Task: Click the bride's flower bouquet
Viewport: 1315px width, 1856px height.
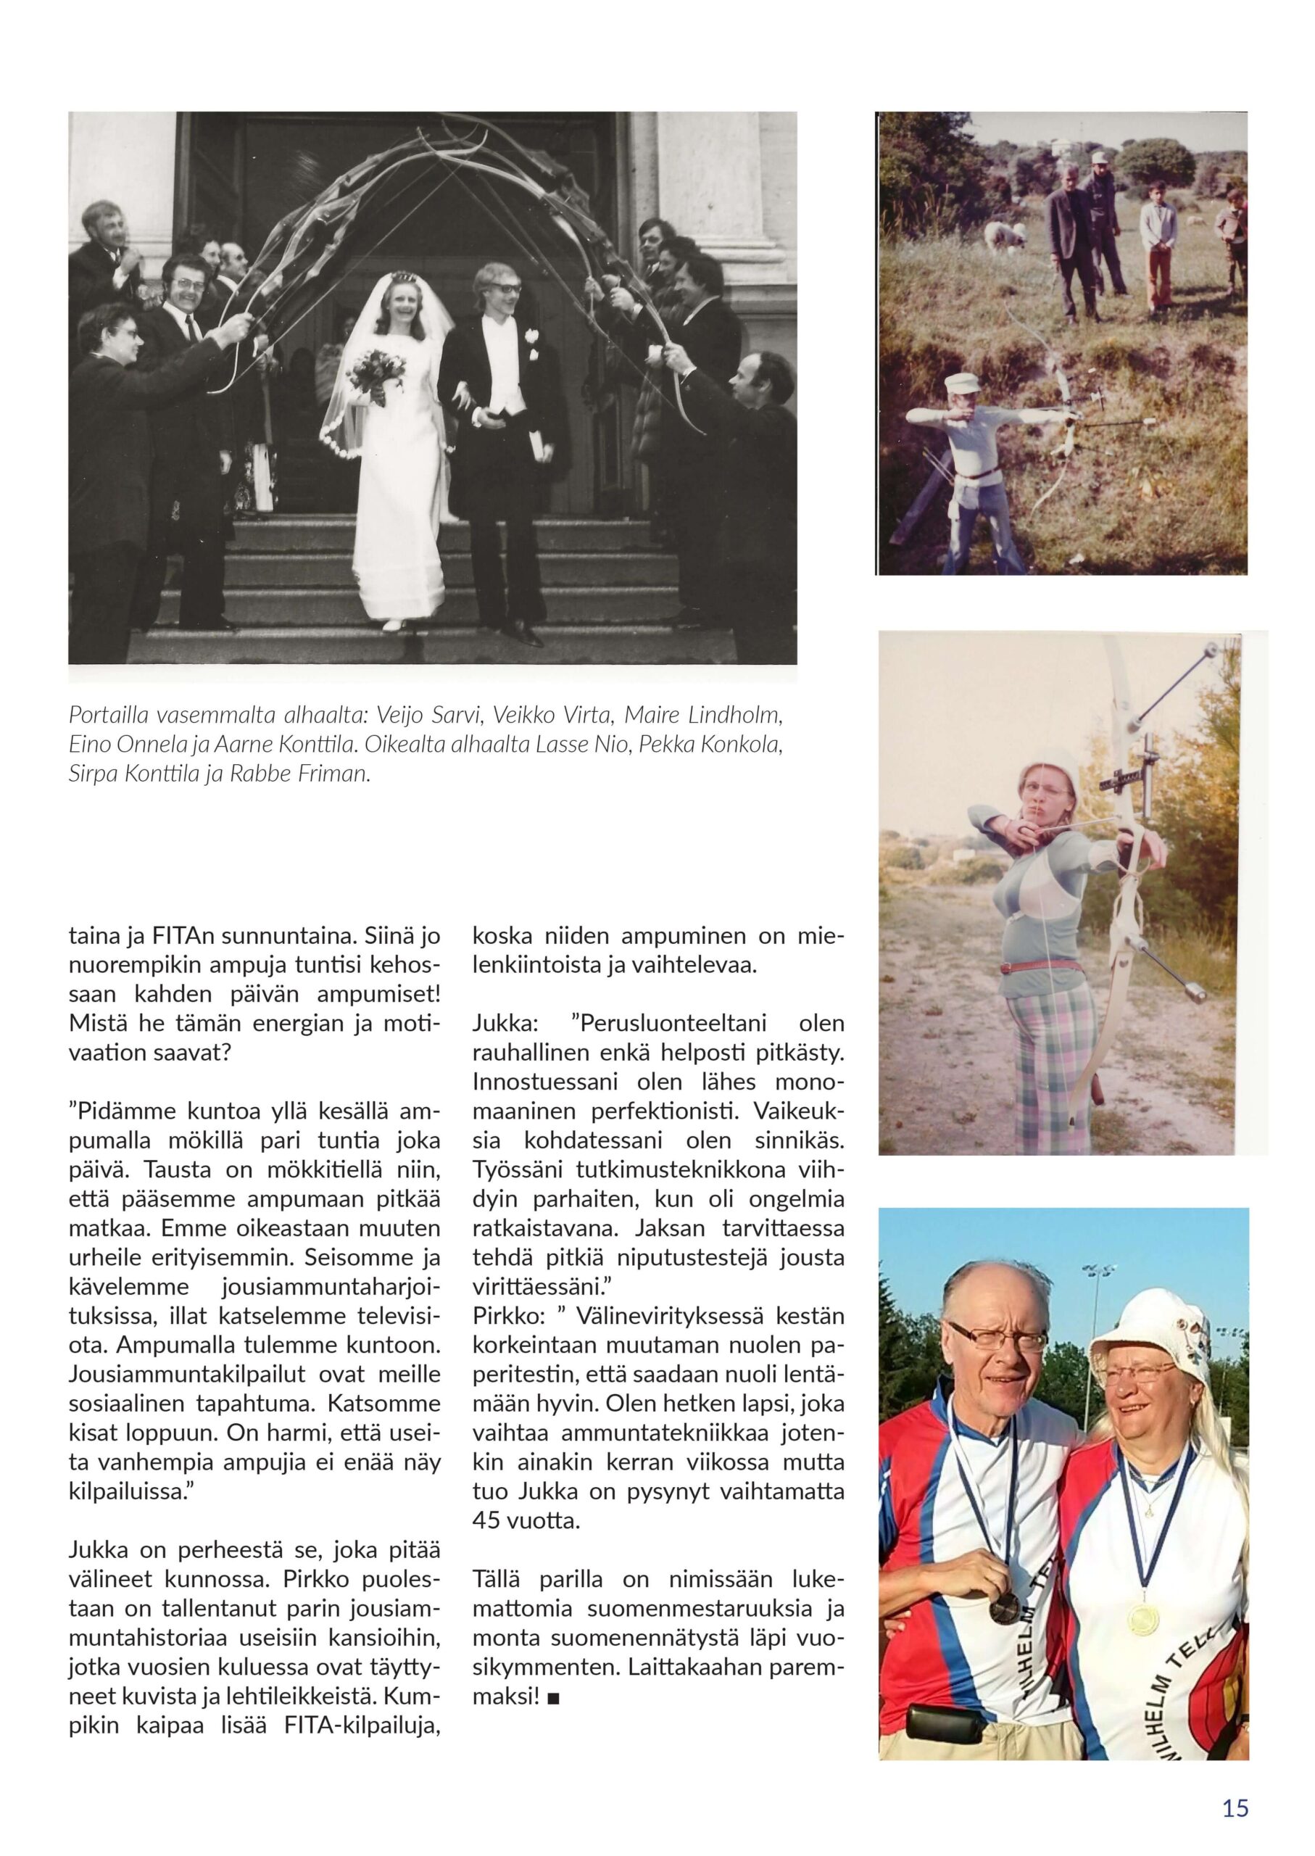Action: point(378,372)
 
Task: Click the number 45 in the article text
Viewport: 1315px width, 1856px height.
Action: point(486,1520)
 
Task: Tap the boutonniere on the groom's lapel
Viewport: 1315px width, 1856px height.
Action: point(533,334)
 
